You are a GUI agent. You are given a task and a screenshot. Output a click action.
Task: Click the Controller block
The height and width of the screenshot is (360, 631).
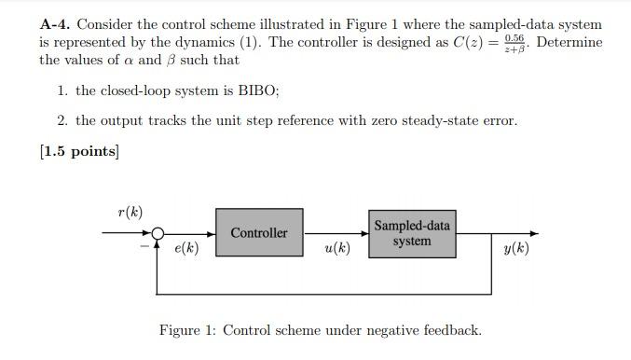pyautogui.click(x=259, y=232)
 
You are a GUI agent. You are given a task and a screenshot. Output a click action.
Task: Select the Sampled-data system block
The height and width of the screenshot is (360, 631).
pyautogui.click(x=411, y=232)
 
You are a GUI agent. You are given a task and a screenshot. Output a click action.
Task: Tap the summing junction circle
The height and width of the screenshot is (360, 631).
pyautogui.click(x=159, y=233)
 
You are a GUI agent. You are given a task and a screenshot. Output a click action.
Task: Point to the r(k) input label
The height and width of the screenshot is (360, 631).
pyautogui.click(x=130, y=212)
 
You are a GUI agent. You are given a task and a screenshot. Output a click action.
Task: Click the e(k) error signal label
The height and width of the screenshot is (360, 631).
pyautogui.click(x=186, y=248)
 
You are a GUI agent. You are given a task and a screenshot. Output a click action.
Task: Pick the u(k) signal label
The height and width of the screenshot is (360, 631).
pyautogui.click(x=336, y=248)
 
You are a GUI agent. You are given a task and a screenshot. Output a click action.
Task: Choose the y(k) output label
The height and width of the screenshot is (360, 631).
pyautogui.click(x=514, y=248)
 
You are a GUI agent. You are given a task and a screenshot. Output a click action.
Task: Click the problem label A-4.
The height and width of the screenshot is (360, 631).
pyautogui.click(x=55, y=25)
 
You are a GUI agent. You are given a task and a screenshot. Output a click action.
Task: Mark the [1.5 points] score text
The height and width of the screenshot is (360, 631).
pyautogui.click(x=79, y=151)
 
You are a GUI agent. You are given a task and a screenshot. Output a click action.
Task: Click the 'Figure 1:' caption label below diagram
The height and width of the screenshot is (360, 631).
pyautogui.click(x=188, y=330)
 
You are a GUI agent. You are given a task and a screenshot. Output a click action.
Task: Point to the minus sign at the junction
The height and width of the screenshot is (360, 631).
pyautogui.click(x=145, y=246)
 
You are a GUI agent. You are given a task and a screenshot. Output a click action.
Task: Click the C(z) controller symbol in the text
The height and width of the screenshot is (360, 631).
pyautogui.click(x=468, y=42)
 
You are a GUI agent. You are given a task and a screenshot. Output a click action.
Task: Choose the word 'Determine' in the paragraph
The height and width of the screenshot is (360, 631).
pyautogui.click(x=569, y=42)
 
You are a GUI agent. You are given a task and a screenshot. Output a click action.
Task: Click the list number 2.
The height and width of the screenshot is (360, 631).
pyautogui.click(x=62, y=120)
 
